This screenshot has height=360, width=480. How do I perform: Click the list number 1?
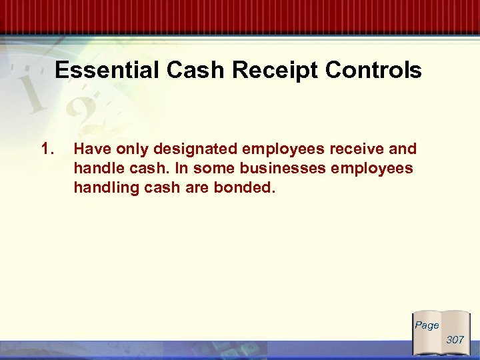(47, 149)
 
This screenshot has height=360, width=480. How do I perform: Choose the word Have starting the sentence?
(91, 149)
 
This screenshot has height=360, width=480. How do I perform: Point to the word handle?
(96, 169)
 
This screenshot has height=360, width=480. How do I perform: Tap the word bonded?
(244, 188)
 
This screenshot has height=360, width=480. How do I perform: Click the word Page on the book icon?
(427, 325)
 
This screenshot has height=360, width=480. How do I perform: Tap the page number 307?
(455, 339)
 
